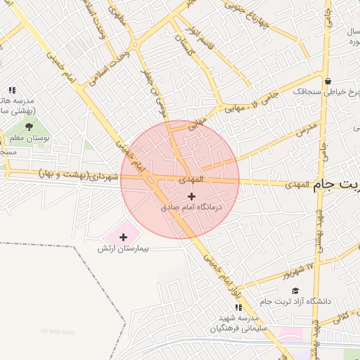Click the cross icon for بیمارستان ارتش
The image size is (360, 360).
coord(124,237)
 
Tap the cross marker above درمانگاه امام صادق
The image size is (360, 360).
coord(191,195)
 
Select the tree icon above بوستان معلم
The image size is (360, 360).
coord(29,127)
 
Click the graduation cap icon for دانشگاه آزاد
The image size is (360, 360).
coord(295,290)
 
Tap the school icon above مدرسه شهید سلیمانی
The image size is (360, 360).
coord(238,307)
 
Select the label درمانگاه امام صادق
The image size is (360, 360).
coord(191,207)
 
